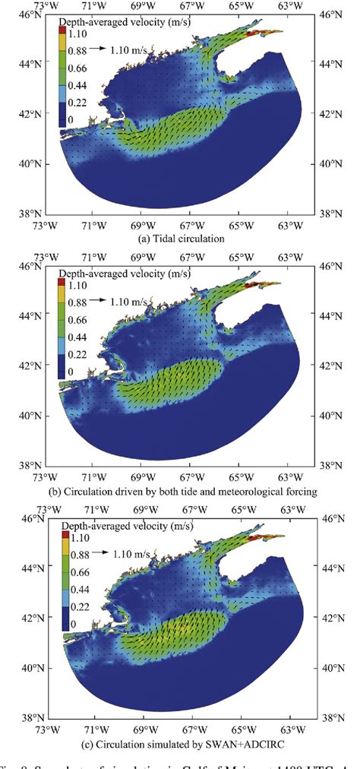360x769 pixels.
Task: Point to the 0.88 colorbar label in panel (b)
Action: pyautogui.click(x=81, y=302)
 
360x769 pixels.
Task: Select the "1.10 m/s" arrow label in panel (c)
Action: pyautogui.click(x=132, y=553)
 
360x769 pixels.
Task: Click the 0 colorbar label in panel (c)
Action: pyautogui.click(x=74, y=624)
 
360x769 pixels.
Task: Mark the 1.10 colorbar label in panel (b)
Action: pyautogui.click(x=81, y=283)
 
